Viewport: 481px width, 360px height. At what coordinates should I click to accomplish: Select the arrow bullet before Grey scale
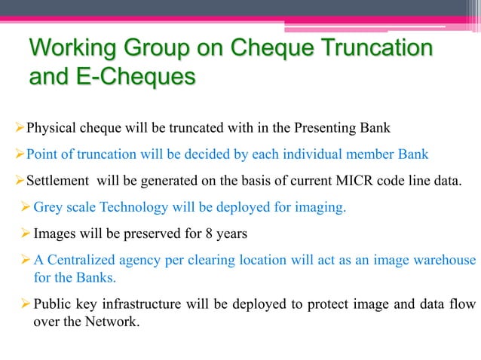click(26, 208)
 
